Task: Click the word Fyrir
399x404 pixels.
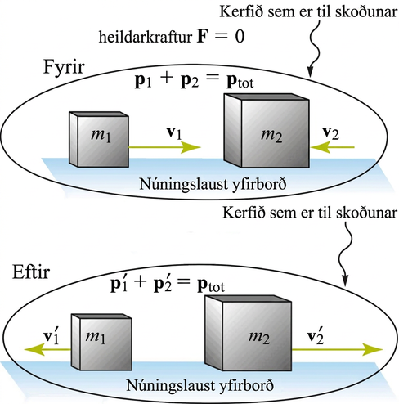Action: click(x=64, y=67)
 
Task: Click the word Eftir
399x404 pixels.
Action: click(x=31, y=272)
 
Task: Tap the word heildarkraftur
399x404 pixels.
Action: click(x=146, y=37)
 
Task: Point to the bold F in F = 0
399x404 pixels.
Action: click(x=201, y=37)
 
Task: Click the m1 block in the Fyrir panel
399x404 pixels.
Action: click(x=99, y=139)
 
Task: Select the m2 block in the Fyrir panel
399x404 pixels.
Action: click(x=267, y=131)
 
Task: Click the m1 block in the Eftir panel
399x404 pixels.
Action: click(x=101, y=342)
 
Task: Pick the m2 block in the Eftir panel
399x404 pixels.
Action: click(x=249, y=333)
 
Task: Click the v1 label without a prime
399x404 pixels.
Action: click(x=174, y=133)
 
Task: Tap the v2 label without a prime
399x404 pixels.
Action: click(x=331, y=133)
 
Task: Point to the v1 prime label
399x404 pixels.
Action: click(x=52, y=337)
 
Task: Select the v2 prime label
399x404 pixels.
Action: click(x=316, y=337)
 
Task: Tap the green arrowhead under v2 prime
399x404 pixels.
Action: click(x=373, y=349)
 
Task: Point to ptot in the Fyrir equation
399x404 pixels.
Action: click(x=240, y=82)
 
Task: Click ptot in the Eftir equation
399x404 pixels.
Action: click(x=211, y=285)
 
